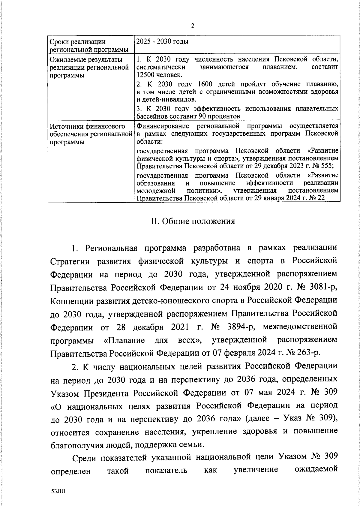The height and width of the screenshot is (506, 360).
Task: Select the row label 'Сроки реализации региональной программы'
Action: pos(88,45)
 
